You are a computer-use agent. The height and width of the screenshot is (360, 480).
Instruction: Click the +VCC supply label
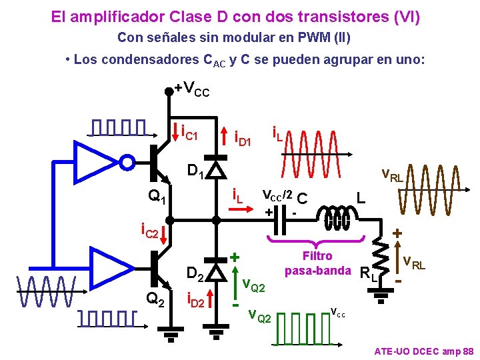pyautogui.click(x=192, y=88)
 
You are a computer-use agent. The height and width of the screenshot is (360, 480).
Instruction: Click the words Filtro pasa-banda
pyautogui.click(x=317, y=263)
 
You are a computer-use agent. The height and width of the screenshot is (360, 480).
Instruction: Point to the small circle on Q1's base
pyautogui.click(x=127, y=161)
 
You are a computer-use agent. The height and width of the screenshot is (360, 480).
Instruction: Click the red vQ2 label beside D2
pyautogui.click(x=253, y=285)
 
